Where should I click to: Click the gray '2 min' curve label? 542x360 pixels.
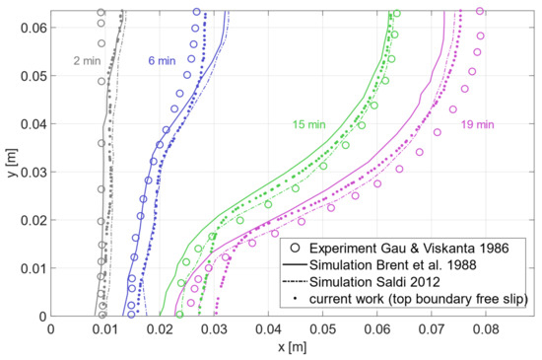[86, 61]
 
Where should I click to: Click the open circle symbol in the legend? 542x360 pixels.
[294, 246]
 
